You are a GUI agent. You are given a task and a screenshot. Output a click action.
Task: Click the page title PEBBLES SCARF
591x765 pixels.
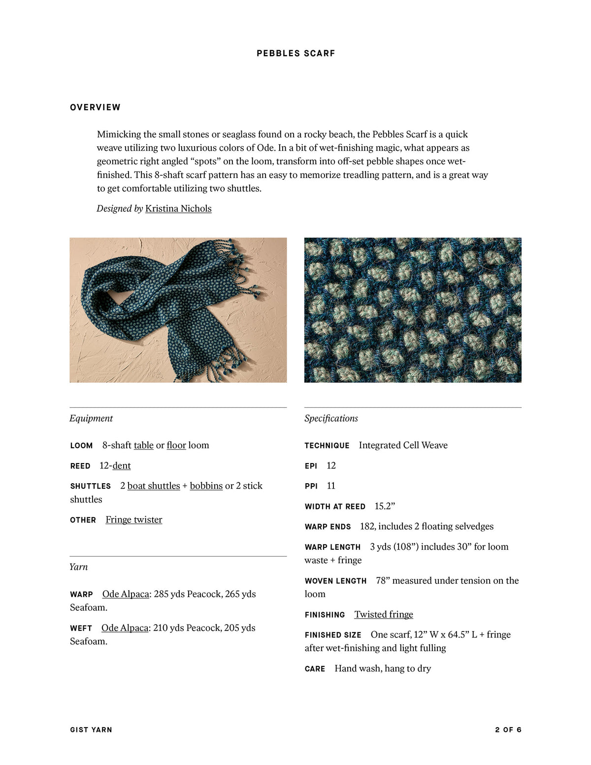(295, 53)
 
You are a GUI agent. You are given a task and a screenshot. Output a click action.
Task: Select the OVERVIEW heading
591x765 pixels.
(95, 107)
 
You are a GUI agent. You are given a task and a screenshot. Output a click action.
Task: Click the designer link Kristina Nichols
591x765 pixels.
(178, 208)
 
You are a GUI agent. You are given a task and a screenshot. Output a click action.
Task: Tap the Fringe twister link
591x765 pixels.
(133, 520)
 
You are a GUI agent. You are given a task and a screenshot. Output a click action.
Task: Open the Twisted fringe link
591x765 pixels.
(384, 614)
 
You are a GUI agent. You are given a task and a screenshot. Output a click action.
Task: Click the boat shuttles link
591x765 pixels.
(154, 486)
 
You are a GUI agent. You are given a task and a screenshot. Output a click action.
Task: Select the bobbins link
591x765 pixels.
(206, 486)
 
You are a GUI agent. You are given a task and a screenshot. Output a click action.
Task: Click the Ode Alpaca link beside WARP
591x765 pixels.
(126, 594)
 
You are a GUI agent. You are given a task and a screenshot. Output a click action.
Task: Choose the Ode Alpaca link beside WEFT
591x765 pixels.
(125, 628)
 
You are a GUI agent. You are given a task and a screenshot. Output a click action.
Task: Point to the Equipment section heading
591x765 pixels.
(91, 418)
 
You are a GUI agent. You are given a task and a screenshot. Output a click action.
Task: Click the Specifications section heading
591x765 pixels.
(331, 418)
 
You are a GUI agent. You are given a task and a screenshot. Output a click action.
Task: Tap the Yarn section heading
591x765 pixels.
(79, 567)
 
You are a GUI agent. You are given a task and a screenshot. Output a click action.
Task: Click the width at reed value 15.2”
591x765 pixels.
(385, 506)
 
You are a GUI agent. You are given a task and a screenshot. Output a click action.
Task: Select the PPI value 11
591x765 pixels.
(331, 486)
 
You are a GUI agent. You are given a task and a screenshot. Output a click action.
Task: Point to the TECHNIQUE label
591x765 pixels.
(327, 446)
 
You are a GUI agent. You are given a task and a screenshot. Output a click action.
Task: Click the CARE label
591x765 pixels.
(315, 669)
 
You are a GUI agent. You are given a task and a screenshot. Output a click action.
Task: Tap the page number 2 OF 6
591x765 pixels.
(508, 730)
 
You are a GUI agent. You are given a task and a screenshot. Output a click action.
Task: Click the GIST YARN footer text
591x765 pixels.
(91, 730)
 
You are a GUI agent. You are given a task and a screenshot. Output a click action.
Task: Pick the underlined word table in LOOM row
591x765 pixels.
(143, 445)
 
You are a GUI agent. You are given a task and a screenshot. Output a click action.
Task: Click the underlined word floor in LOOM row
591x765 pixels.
(176, 445)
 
